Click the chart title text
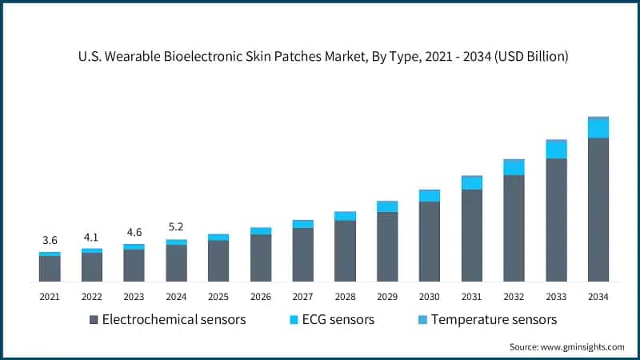coord(320,57)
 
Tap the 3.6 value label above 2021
coord(50,240)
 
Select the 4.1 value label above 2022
coord(91,237)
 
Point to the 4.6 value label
coord(134,233)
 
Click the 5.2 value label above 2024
coord(176,227)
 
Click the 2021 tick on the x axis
coord(50,297)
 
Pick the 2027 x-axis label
coord(302,297)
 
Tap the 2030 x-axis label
coord(430,297)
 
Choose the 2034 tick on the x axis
coord(598,297)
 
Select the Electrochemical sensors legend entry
coord(168,320)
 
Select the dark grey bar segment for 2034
coord(598,210)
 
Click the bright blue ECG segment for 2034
coord(598,128)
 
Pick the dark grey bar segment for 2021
coord(50,269)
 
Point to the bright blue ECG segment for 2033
coord(556,150)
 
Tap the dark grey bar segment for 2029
coord(387,246)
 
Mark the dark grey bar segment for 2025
coord(218,261)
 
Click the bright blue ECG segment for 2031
coord(472,183)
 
